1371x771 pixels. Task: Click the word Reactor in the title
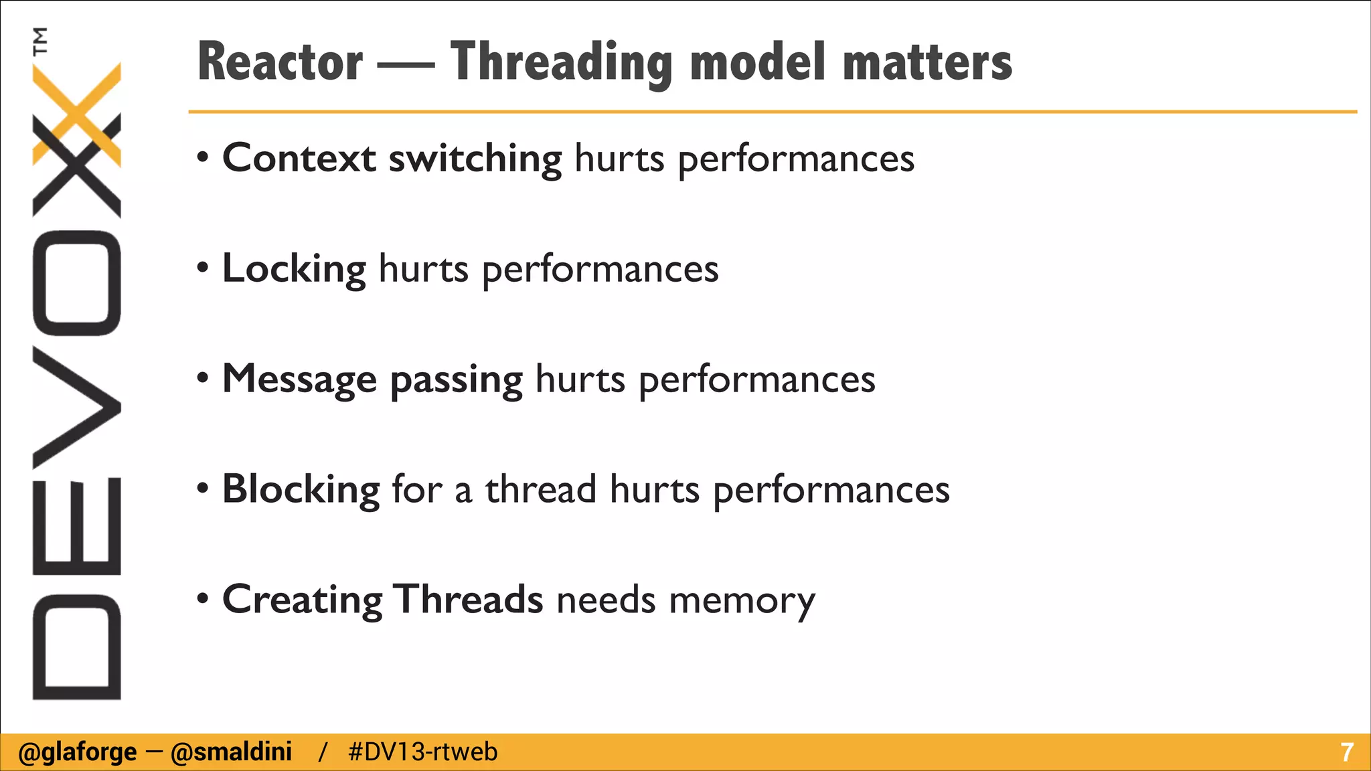280,62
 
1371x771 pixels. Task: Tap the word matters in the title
927,62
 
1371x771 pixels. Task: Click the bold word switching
475,159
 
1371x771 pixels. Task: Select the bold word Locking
294,269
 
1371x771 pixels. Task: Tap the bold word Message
299,379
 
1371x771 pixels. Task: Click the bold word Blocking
301,489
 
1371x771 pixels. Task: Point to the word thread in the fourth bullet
540,489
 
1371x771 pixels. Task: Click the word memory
742,600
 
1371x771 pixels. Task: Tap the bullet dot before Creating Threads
203,598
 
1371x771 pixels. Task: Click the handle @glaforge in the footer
78,752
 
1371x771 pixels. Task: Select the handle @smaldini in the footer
231,752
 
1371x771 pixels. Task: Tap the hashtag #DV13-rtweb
422,752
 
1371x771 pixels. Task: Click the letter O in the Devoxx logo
76,282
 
